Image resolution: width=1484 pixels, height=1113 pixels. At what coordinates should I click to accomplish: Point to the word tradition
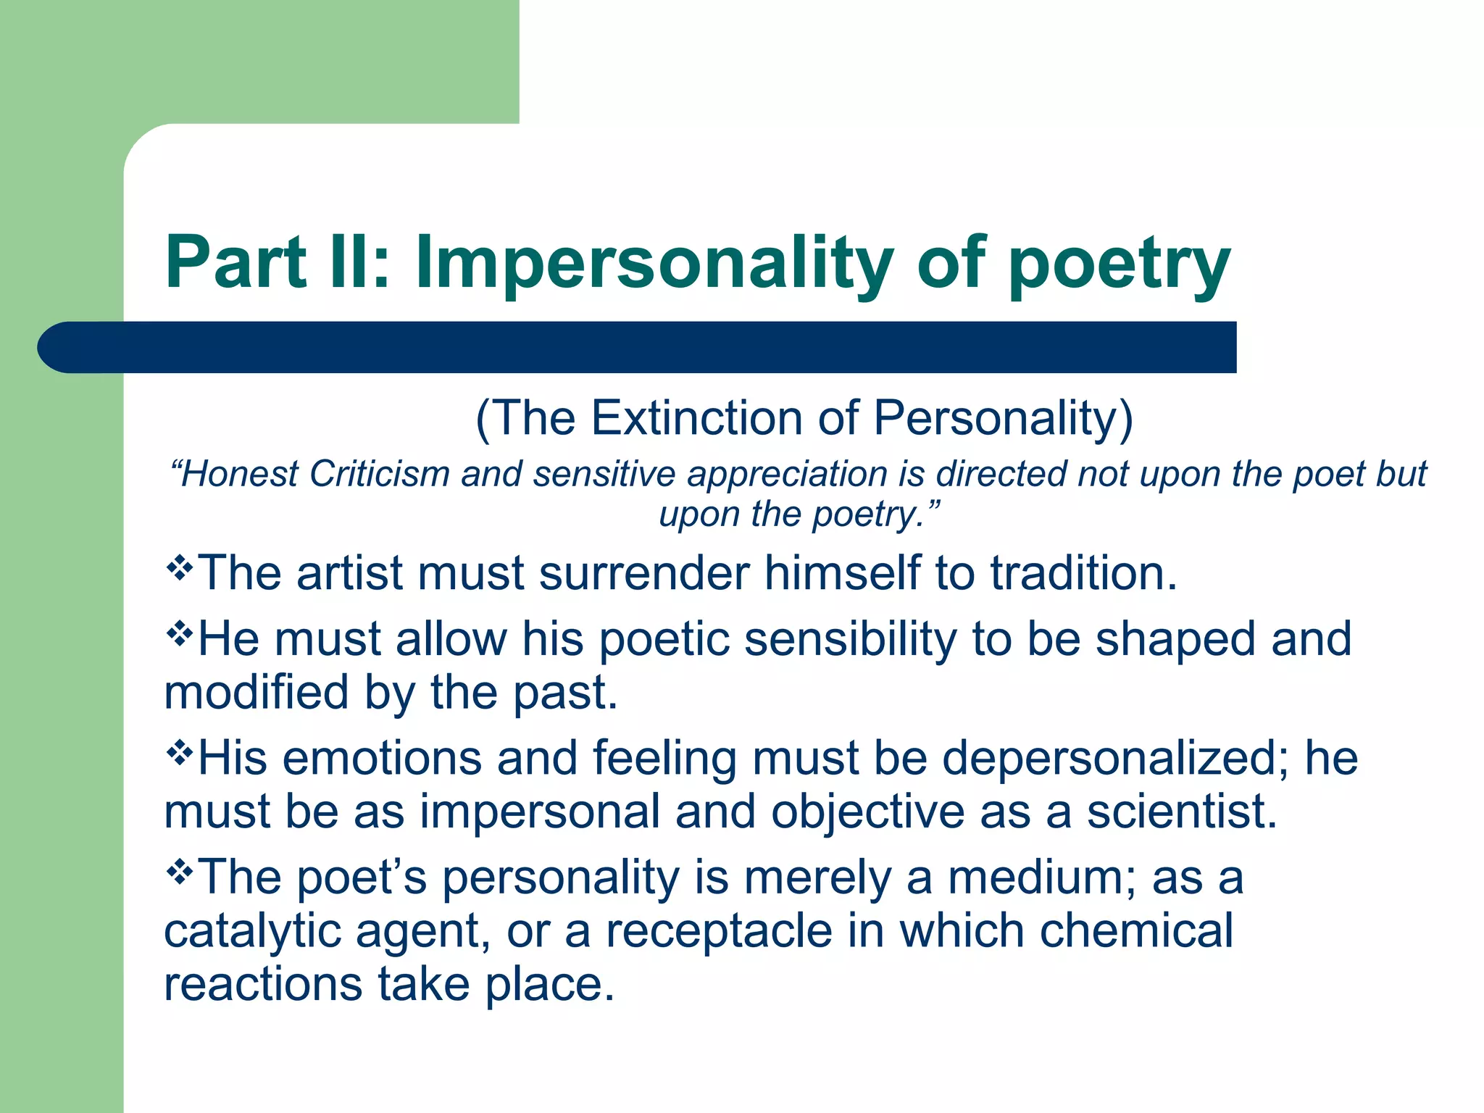click(1083, 573)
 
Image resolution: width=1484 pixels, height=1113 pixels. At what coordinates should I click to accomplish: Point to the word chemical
click(1136, 930)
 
